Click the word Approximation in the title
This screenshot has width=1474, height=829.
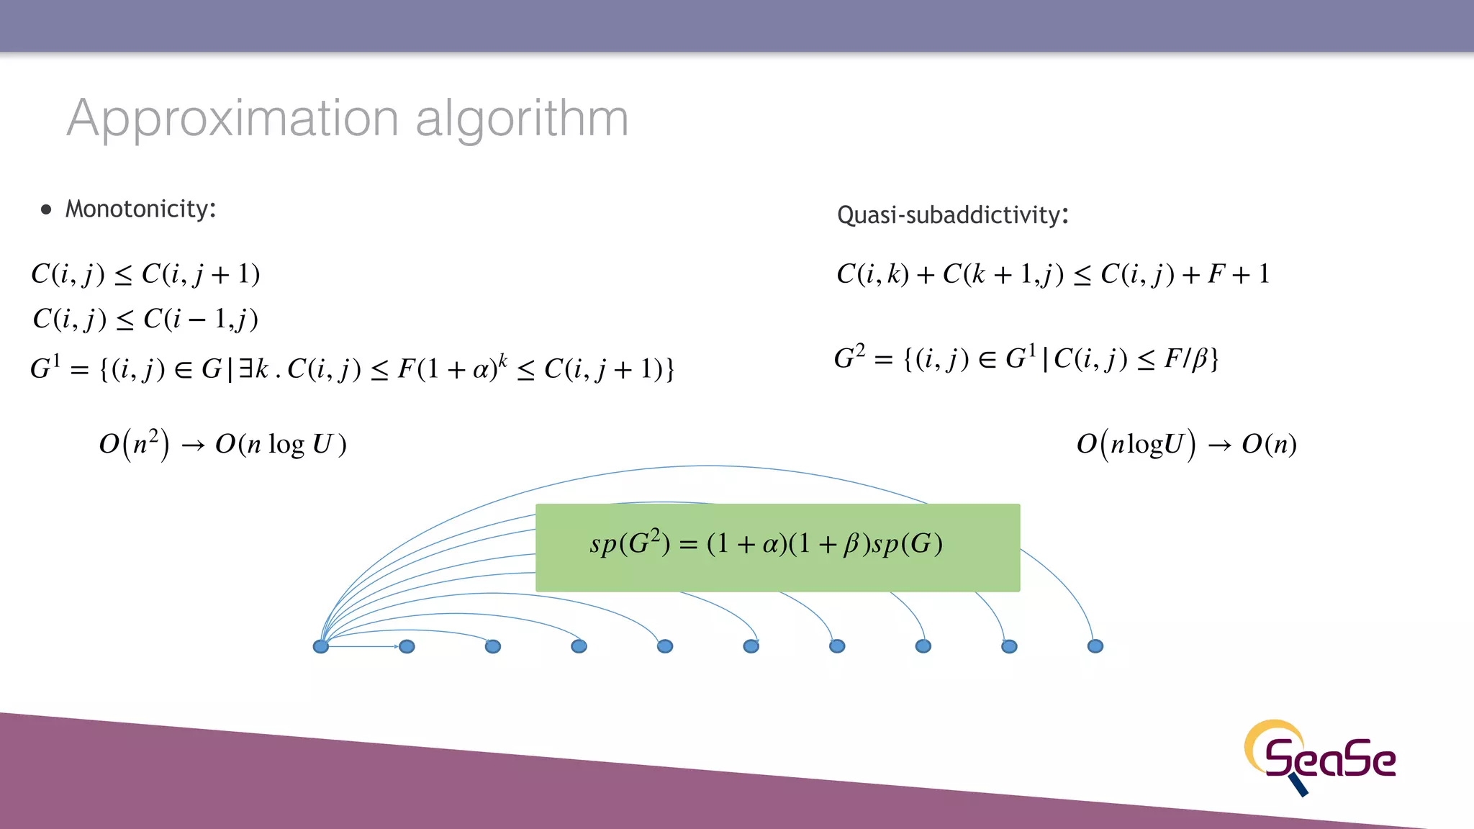[232, 119]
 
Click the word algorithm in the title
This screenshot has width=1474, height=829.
[522, 119]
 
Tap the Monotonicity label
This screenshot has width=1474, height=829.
[140, 209]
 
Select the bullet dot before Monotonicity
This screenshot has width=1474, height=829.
[47, 210]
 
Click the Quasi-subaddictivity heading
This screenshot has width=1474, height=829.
[952, 215]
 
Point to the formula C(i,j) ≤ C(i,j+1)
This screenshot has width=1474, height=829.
[145, 274]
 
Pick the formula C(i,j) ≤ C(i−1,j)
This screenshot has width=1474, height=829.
[145, 319]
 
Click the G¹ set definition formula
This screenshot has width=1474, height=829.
[352, 368]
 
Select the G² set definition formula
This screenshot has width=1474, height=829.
[1026, 358]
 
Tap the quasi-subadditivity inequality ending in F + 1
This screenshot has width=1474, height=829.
[1052, 274]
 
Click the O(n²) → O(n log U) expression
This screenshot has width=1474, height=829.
[222, 444]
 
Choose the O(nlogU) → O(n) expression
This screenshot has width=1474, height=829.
[1186, 444]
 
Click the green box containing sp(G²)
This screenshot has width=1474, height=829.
[777, 548]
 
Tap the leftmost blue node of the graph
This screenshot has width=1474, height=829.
[321, 646]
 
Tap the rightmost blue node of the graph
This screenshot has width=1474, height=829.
[1095, 646]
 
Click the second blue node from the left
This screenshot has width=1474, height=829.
[407, 646]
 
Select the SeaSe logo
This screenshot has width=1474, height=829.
[1321, 757]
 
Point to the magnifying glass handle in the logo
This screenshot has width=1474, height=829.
[1299, 786]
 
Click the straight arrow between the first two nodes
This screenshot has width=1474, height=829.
[363, 646]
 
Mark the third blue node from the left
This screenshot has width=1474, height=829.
[493, 646]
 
